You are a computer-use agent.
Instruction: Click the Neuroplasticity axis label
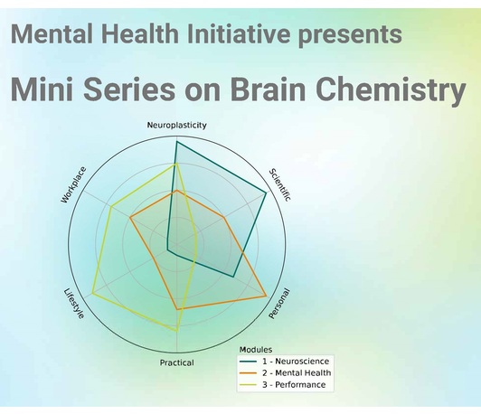[x=176, y=125]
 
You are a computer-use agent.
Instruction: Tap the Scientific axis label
[x=279, y=185]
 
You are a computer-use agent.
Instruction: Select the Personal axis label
[x=278, y=304]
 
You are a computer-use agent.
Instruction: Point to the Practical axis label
[x=177, y=362]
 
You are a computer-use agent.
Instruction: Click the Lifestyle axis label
[x=74, y=304]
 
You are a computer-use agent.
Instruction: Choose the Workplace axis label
[x=73, y=185]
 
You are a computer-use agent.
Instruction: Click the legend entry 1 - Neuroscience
[x=284, y=362]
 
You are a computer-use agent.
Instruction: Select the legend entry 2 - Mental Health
[x=286, y=373]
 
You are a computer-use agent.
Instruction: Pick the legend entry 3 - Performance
[x=282, y=384]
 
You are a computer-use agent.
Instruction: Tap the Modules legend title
[x=256, y=350]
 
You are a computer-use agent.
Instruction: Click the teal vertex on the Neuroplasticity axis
[x=176, y=142]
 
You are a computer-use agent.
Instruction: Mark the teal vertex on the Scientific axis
[x=266, y=193]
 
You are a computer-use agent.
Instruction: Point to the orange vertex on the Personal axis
[x=266, y=296]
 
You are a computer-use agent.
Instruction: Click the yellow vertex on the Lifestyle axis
[x=92, y=294]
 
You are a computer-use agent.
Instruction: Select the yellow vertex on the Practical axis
[x=176, y=331]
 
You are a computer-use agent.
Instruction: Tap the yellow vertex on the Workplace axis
[x=111, y=207]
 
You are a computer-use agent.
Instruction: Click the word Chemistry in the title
[x=391, y=89]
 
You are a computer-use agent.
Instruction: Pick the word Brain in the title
[x=269, y=89]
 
